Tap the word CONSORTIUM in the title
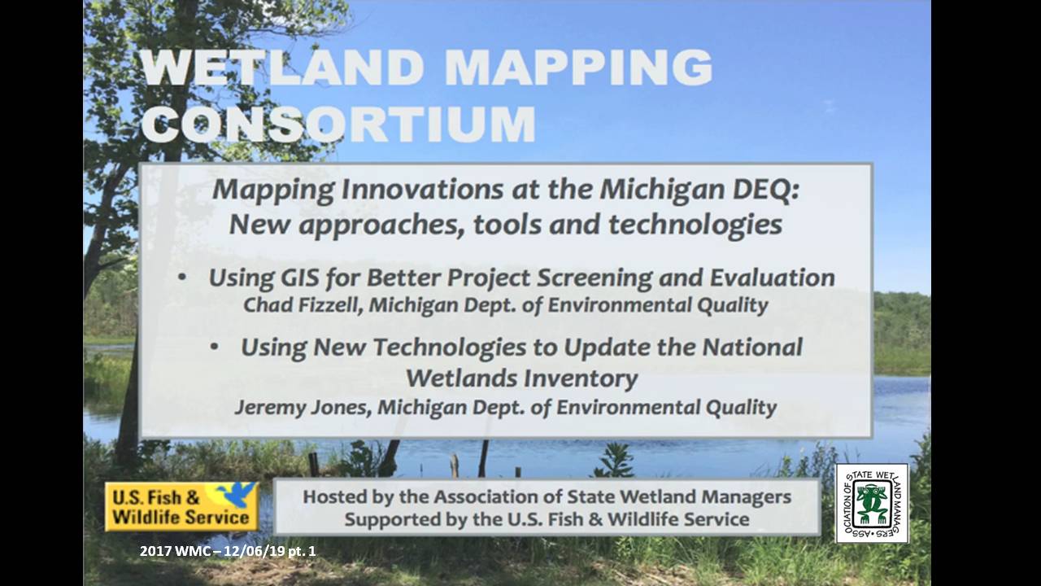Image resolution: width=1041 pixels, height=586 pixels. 339,125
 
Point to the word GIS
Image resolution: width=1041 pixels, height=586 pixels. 299,278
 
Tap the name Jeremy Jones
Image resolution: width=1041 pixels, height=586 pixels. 303,407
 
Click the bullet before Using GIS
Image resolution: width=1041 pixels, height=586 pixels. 182,278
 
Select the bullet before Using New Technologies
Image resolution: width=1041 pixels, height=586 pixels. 214,347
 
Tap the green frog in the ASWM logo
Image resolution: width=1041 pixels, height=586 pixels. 871,502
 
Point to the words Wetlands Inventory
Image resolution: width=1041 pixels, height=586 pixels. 522,378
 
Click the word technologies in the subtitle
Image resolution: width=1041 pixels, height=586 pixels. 695,225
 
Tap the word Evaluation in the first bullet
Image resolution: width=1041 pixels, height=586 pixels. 773,278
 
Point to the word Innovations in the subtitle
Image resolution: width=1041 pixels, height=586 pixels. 422,190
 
